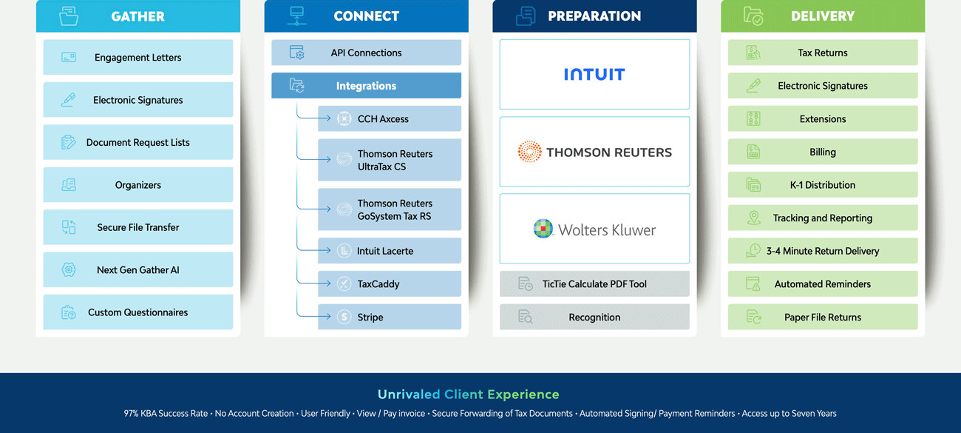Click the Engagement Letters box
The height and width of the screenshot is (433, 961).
coord(138,58)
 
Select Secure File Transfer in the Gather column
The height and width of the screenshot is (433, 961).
coord(138,227)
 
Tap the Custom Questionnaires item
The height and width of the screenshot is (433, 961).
coord(138,312)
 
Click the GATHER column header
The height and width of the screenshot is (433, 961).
coord(138,16)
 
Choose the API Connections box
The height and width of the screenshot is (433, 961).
coord(366,53)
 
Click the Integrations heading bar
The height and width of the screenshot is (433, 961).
coord(366,86)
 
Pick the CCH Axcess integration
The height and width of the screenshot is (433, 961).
coord(390,118)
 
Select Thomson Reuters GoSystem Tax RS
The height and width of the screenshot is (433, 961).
coord(390,209)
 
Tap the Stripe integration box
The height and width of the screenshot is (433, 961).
coord(390,317)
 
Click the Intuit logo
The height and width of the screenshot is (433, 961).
coord(594,74)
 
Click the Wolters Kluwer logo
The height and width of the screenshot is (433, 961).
coord(594,229)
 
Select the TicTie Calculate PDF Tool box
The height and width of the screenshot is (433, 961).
coord(594,284)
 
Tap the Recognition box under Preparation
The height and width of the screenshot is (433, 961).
coord(594,317)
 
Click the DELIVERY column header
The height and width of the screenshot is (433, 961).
coord(823,16)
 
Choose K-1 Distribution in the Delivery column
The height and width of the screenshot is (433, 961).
coord(823,185)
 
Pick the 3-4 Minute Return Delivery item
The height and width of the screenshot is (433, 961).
coord(823,251)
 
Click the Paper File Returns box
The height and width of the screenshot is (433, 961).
coord(823,317)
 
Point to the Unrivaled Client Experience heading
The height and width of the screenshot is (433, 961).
coord(469,395)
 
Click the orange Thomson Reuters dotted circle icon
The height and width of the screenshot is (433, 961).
coord(529,152)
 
